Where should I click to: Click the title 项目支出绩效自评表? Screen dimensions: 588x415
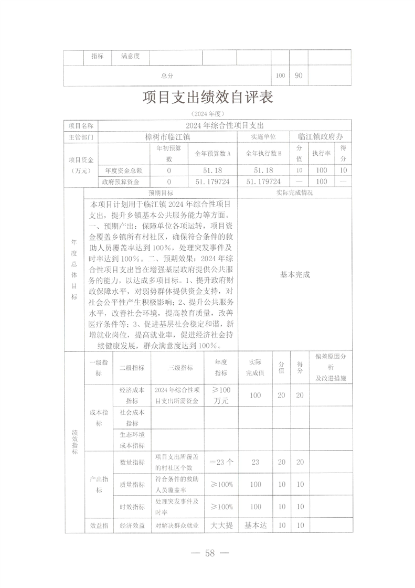tap(207, 99)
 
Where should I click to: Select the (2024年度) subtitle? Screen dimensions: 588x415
tap(207, 114)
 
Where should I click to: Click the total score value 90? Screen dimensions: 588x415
tap(298, 76)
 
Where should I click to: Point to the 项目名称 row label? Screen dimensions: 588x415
tap(81, 126)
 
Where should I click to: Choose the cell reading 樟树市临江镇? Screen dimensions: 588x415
tap(167, 136)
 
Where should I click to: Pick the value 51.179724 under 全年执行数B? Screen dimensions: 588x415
tap(263, 181)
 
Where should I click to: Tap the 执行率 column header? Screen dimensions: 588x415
tap(320, 154)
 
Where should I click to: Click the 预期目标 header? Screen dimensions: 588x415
tap(161, 193)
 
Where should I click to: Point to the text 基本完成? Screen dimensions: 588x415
tap(295, 274)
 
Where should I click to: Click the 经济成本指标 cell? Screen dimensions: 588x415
tap(132, 395)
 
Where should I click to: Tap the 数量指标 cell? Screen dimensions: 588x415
tap(132, 462)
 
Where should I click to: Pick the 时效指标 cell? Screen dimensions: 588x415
tap(132, 507)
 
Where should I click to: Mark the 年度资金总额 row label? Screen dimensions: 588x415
tap(123, 170)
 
